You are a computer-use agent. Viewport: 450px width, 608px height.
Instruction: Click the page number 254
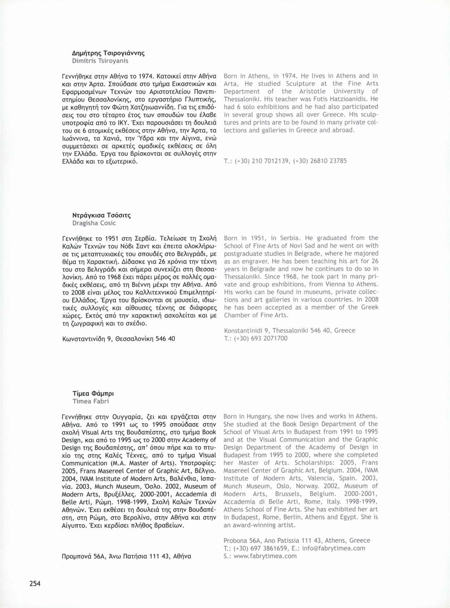point(35,583)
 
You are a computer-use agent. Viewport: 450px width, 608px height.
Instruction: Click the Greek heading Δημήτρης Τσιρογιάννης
point(108,53)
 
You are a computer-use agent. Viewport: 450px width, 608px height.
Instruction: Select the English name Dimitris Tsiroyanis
point(100,61)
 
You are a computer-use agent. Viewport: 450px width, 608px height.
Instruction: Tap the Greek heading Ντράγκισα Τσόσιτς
point(102,215)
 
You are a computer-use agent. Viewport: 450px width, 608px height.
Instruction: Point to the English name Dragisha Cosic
point(94,223)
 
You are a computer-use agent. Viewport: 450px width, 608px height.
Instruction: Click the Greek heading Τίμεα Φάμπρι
point(93,393)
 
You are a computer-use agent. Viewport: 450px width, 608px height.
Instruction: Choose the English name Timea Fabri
point(90,401)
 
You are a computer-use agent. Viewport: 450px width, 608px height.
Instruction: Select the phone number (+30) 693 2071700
point(261,338)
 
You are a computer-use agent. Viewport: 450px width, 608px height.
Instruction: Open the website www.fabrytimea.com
point(265,556)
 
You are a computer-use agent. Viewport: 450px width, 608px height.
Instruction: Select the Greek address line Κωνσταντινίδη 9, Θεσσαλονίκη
point(118,339)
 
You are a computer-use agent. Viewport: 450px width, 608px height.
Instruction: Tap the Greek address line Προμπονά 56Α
point(126,556)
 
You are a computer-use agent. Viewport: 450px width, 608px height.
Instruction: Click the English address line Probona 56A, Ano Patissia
point(297,540)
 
